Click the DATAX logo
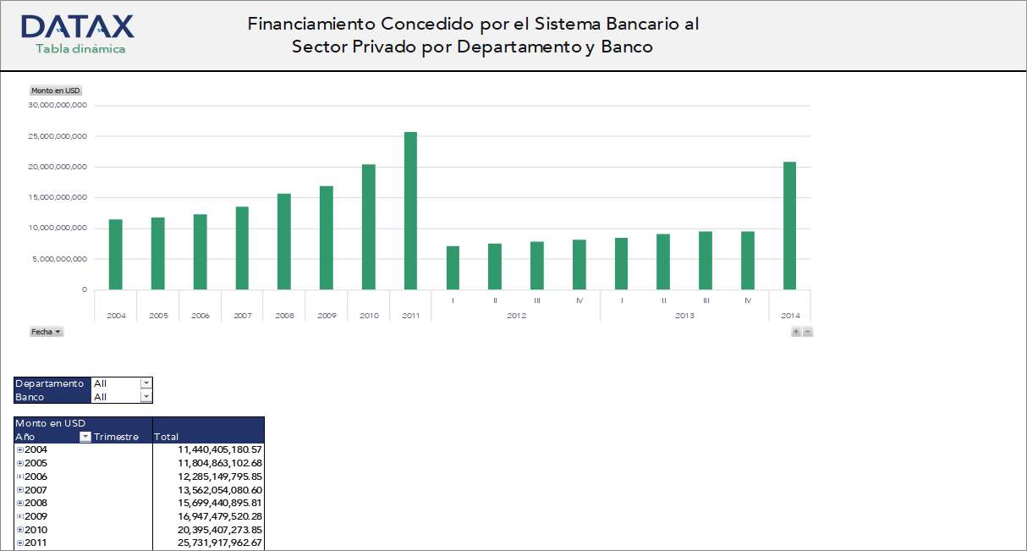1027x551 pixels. [77, 26]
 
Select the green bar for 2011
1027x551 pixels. [410, 211]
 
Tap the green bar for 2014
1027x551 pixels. [789, 225]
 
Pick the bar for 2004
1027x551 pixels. [116, 254]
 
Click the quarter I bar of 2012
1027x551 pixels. [453, 267]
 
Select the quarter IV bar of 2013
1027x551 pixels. [748, 260]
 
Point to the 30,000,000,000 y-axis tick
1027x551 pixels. [58, 106]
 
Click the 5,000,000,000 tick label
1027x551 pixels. [58, 259]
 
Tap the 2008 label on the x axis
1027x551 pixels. [284, 316]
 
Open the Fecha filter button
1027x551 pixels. [47, 332]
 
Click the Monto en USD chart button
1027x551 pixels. [55, 91]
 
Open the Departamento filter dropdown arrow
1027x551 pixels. [146, 383]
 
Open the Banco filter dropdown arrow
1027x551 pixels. [146, 397]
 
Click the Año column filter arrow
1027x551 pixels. [85, 437]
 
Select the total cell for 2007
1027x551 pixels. [208, 490]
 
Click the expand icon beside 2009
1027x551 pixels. [19, 516]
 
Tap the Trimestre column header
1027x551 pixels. [117, 437]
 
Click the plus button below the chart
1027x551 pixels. [796, 332]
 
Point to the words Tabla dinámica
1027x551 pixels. [80, 49]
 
